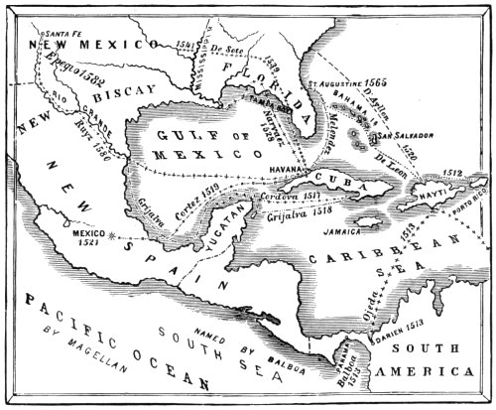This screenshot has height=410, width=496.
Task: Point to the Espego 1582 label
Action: (x=67, y=68)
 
